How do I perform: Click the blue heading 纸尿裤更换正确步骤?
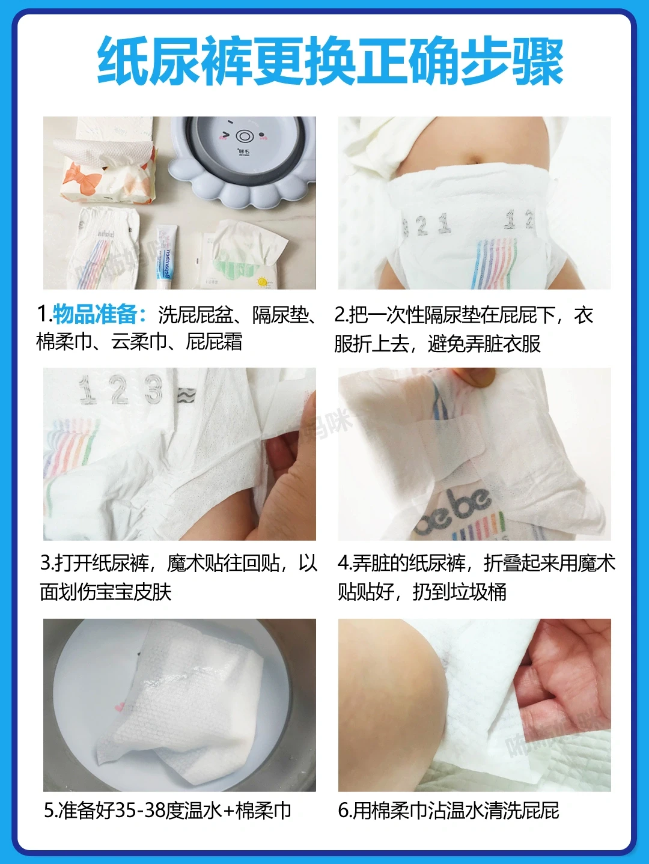(x=330, y=61)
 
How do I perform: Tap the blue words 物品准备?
(x=94, y=314)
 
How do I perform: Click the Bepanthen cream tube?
(x=165, y=256)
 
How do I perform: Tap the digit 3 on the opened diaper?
(x=154, y=390)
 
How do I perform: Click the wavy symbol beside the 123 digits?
(x=186, y=395)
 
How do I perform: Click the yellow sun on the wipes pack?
(x=262, y=282)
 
